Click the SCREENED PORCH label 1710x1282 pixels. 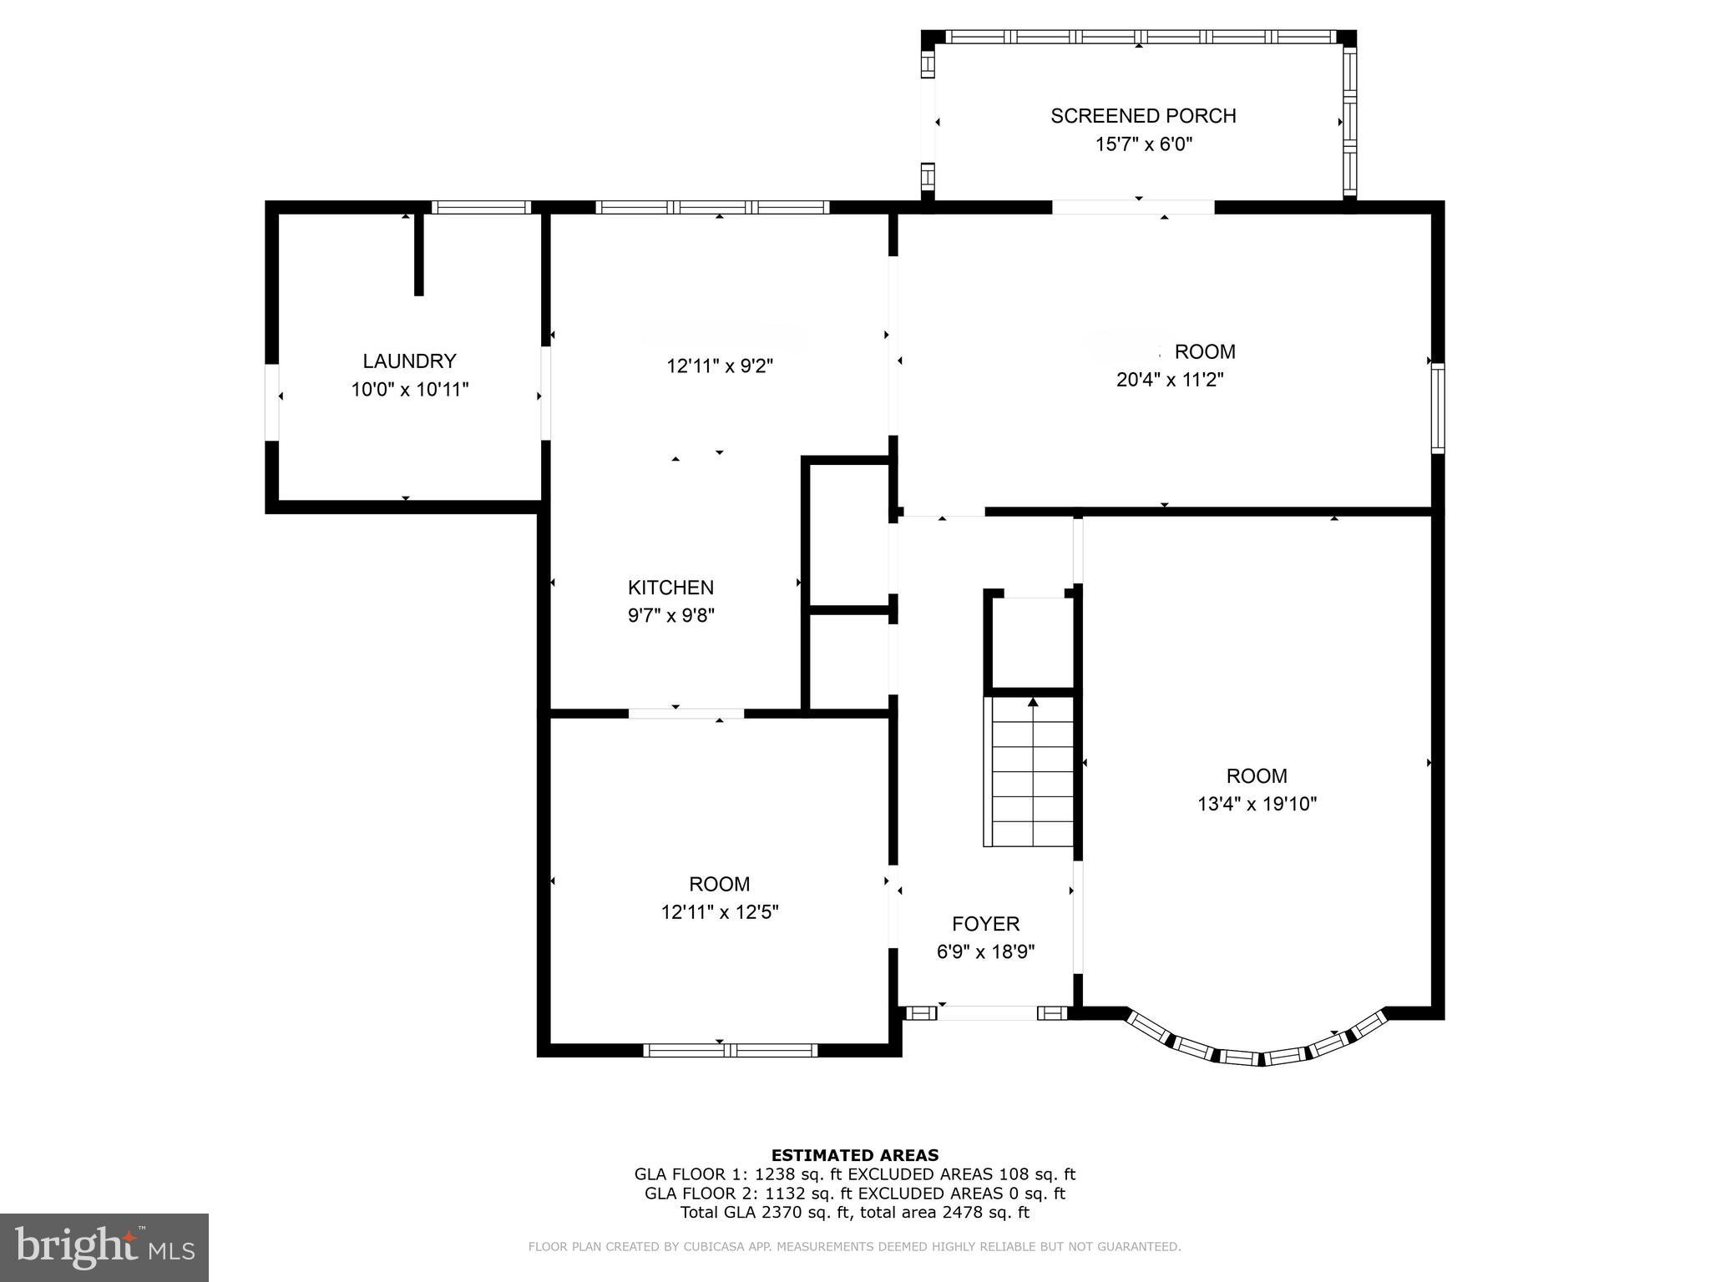(1142, 116)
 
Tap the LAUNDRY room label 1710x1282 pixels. (409, 361)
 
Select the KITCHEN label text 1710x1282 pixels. (670, 588)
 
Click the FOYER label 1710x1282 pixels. (985, 924)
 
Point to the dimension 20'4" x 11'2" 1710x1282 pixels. (1170, 381)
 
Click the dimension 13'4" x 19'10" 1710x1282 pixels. (1257, 805)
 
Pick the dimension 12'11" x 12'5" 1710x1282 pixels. (720, 912)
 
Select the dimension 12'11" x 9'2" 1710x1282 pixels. (720, 366)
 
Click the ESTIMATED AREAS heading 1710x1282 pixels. (854, 1155)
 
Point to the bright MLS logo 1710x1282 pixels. (104, 1248)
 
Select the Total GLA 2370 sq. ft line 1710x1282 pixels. (854, 1213)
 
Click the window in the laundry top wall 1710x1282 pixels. (481, 208)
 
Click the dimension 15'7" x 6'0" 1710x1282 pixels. (1142, 144)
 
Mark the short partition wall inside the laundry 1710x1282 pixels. (419, 255)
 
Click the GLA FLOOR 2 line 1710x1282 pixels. (854, 1194)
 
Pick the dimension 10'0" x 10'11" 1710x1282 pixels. (409, 390)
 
